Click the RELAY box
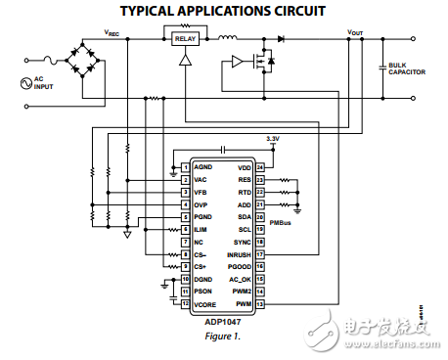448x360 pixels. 185,39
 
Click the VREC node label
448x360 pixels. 112,32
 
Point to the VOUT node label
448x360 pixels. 355,32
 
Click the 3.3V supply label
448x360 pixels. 273,141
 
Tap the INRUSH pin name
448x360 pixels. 239,253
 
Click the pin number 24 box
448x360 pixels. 260,168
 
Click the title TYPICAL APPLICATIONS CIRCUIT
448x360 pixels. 223,11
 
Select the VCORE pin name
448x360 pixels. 205,303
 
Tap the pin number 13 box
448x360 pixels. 260,303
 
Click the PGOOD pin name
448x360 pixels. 240,266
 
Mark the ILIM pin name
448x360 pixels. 202,229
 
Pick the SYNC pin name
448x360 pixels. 243,242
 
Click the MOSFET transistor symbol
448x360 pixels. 259,62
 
